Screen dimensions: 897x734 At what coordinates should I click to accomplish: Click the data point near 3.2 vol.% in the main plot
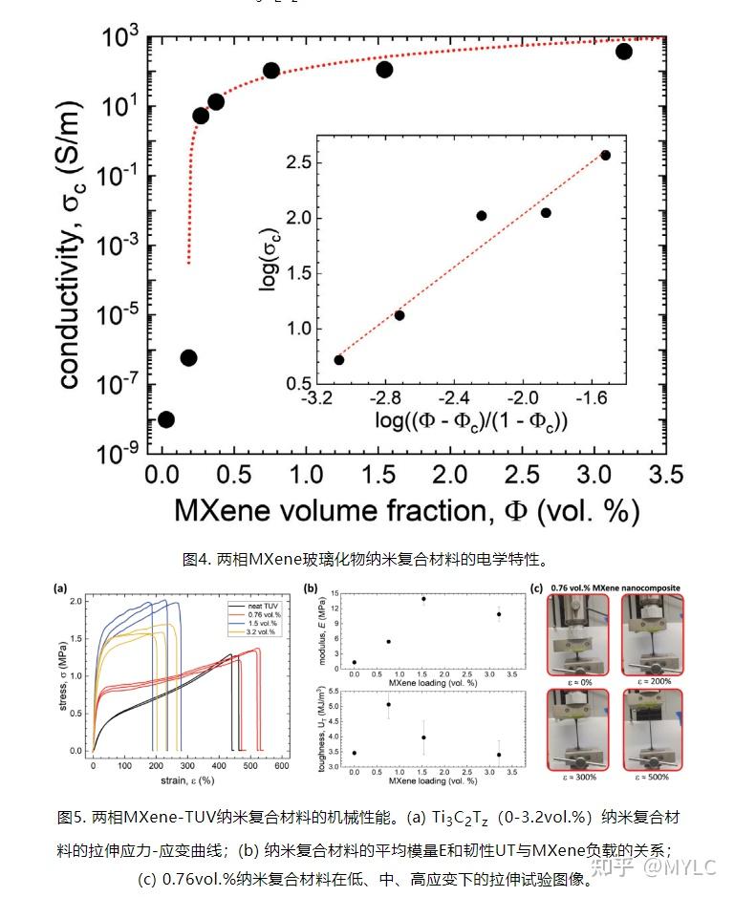pyautogui.click(x=624, y=51)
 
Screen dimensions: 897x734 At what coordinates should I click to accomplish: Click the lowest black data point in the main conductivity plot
pyautogui.click(x=165, y=419)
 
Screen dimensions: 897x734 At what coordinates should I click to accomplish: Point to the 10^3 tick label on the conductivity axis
pyautogui.click(x=119, y=38)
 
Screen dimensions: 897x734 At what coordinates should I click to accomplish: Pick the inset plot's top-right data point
pyautogui.click(x=605, y=155)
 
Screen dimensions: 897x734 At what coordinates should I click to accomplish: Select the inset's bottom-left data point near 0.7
pyautogui.click(x=339, y=359)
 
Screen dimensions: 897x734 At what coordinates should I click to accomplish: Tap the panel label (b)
pyautogui.click(x=309, y=588)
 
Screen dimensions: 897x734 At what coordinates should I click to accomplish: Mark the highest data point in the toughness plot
pyautogui.click(x=388, y=705)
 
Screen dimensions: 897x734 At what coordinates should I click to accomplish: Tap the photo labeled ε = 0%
pyautogui.click(x=577, y=630)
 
